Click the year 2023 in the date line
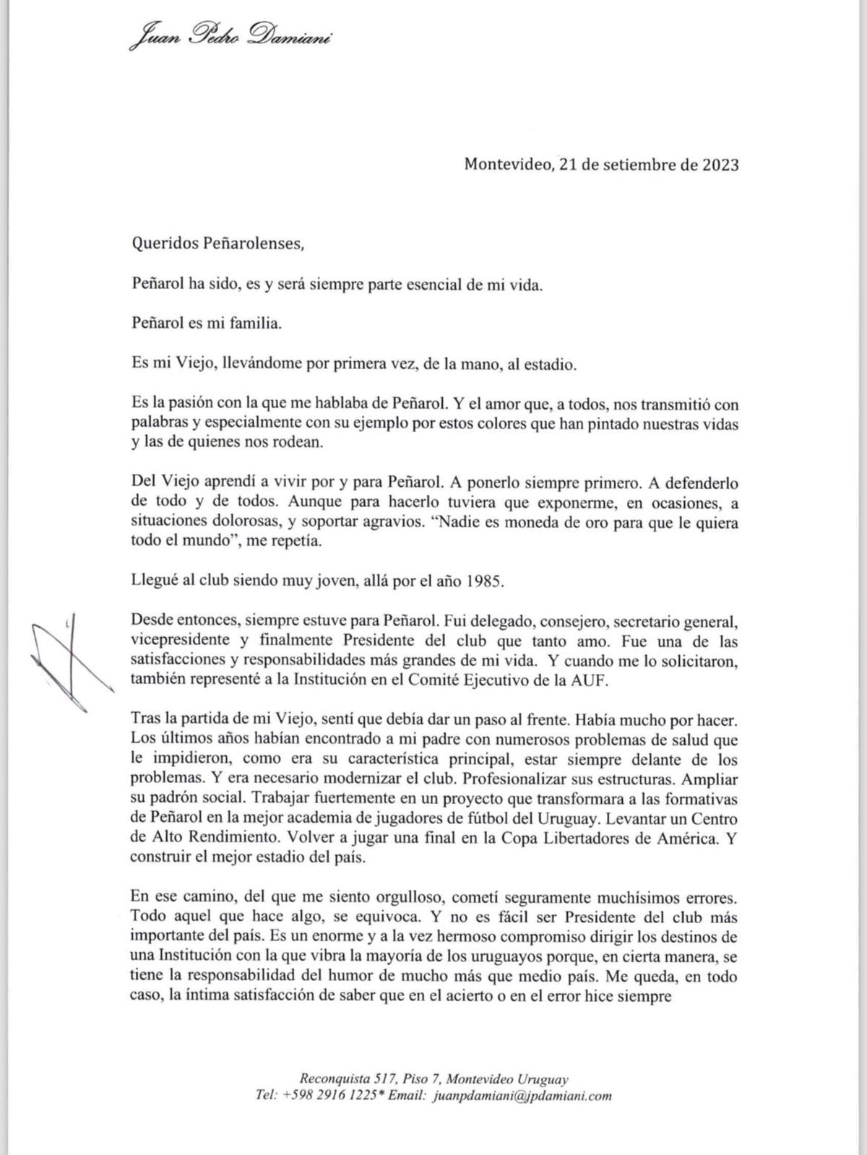tap(719, 165)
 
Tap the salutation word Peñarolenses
tap(249, 244)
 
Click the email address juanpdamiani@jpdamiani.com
tap(521, 1096)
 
